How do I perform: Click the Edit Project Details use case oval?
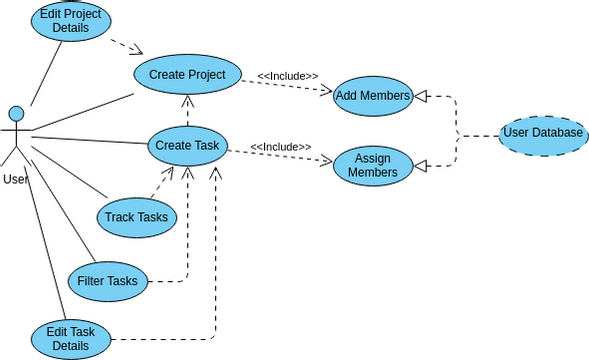[71, 20]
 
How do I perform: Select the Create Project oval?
[187, 75]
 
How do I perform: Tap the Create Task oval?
[187, 146]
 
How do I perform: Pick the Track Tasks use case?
[138, 216]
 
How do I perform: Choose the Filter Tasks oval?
[108, 280]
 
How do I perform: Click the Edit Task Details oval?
[71, 339]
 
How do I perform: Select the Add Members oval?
[372, 95]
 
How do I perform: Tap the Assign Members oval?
[372, 166]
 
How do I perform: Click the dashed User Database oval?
[543, 133]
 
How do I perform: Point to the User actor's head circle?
[15, 113]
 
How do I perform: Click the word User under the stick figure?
[15, 179]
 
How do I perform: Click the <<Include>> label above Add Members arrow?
[288, 76]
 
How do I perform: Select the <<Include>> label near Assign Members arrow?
[280, 147]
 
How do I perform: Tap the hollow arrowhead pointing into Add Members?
[421, 96]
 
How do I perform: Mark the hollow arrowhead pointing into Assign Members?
[421, 166]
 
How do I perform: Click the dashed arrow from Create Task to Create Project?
[187, 110]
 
